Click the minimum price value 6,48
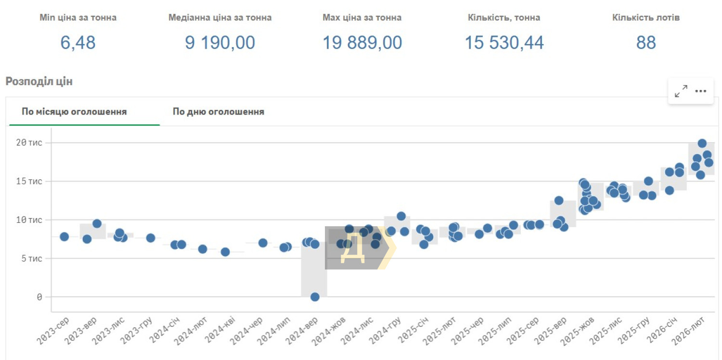click(x=78, y=43)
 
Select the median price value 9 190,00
click(x=220, y=43)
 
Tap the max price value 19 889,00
click(x=362, y=43)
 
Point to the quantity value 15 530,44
click(x=504, y=43)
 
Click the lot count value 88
click(x=646, y=43)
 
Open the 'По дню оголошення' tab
click(x=218, y=112)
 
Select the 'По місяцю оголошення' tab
click(x=74, y=112)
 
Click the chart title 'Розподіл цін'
click(x=39, y=81)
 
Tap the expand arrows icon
click(x=681, y=91)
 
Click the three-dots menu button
click(x=700, y=91)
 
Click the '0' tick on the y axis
click(x=39, y=297)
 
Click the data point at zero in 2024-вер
click(x=315, y=297)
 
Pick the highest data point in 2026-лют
click(x=702, y=143)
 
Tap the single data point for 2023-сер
click(x=64, y=236)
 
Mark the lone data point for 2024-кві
click(x=225, y=252)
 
